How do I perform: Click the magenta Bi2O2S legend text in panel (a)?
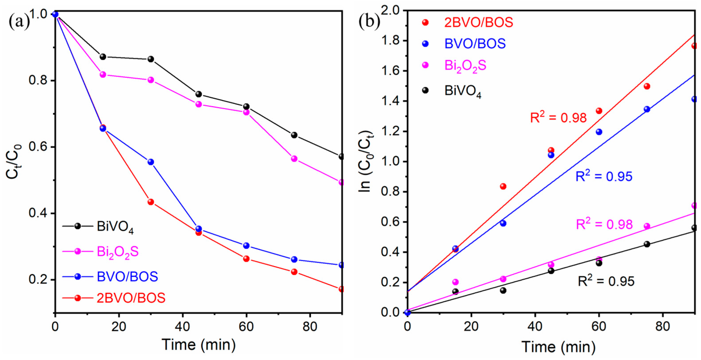pyautogui.click(x=118, y=252)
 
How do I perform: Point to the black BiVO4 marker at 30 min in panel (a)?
pyautogui.click(x=151, y=59)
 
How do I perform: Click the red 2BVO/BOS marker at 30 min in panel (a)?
pyautogui.click(x=151, y=202)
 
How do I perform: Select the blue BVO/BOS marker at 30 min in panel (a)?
pyautogui.click(x=151, y=162)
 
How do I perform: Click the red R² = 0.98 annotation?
pyautogui.click(x=558, y=117)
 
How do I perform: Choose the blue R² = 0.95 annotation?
pyautogui.click(x=604, y=176)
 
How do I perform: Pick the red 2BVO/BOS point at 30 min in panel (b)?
pyautogui.click(x=503, y=186)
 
